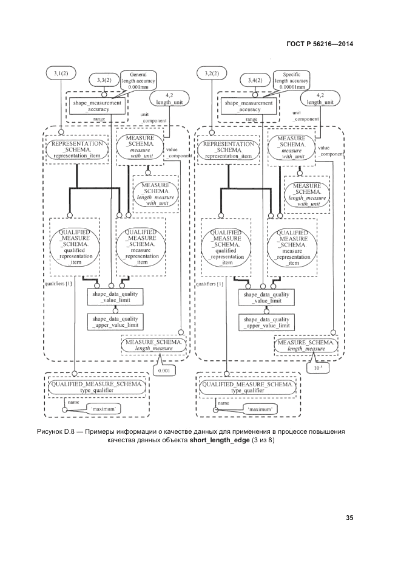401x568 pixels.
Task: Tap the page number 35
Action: click(x=349, y=518)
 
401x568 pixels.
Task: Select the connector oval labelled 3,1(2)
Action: click(x=61, y=74)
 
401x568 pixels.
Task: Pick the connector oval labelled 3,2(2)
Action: click(x=212, y=74)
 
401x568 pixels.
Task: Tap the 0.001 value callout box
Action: click(x=164, y=369)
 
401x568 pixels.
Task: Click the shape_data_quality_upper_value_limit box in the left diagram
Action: click(x=115, y=322)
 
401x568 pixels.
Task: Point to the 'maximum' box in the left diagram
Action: click(x=104, y=409)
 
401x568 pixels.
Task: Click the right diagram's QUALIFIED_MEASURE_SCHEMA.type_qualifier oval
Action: click(x=249, y=388)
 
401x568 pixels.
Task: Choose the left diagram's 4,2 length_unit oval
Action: click(x=169, y=99)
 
